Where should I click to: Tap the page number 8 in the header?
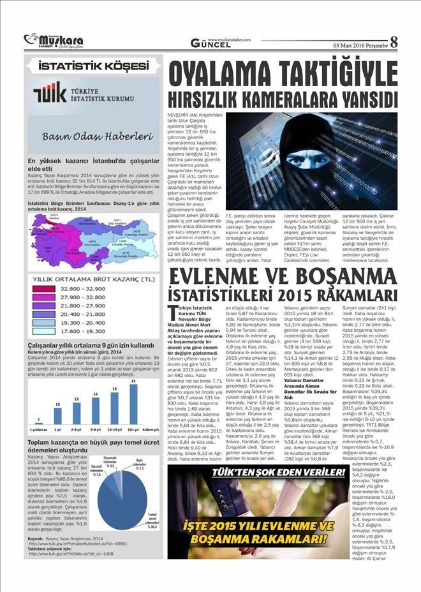(x=394, y=42)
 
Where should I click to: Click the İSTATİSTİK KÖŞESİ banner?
(x=93, y=66)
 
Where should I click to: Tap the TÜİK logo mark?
(x=49, y=92)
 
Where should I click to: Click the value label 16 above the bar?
(x=96, y=394)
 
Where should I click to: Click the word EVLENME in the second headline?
(x=215, y=278)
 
